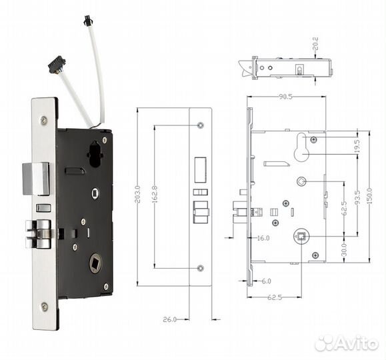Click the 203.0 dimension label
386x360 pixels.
137,194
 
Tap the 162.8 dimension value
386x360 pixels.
155,194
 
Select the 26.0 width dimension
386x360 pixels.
169,319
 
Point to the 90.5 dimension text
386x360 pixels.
285,97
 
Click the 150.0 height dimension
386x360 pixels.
369,196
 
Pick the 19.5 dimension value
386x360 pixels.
357,145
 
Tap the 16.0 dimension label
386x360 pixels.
263,238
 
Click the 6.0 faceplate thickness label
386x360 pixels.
266,281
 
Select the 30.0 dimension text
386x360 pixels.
344,250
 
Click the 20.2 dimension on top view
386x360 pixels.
315,43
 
